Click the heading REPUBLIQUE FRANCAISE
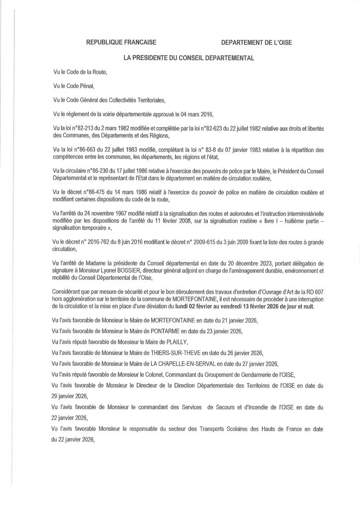coord(122,43)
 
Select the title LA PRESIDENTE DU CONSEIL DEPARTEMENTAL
coord(189,58)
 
